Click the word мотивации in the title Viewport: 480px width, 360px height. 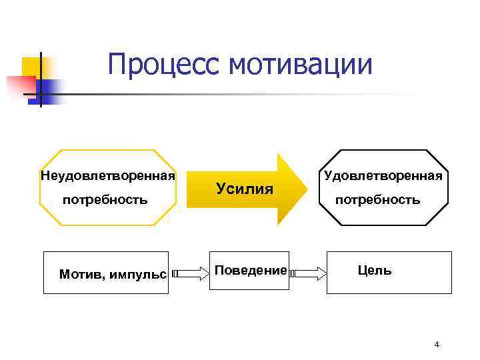coord(300,65)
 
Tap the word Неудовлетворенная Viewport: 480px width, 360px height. coord(108,177)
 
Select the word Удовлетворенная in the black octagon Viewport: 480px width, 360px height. coord(383,177)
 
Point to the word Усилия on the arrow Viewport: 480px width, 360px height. coord(245,189)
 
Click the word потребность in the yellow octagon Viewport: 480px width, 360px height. coord(105,199)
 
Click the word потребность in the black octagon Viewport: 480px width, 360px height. coord(377,199)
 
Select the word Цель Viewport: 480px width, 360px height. coord(375,270)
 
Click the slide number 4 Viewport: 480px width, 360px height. coord(437,345)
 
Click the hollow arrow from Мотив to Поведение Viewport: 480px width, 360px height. coord(190,273)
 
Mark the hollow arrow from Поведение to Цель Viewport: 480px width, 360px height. coord(309,273)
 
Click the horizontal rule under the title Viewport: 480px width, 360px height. coord(233,94)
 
